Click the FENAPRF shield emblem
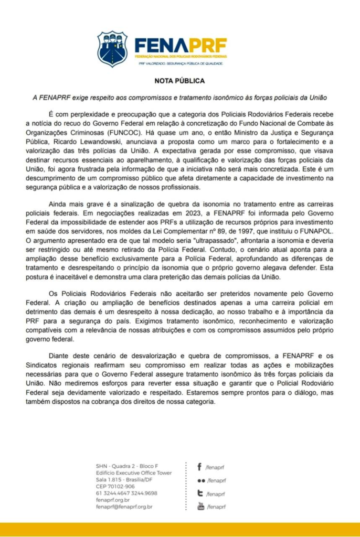(x=112, y=49)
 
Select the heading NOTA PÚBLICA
(x=179, y=81)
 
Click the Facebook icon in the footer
(x=200, y=467)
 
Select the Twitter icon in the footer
(x=200, y=493)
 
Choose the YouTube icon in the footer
(x=200, y=506)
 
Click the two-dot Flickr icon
(x=200, y=480)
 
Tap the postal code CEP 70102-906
(x=115, y=486)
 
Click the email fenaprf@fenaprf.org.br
(x=124, y=507)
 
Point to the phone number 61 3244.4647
(x=112, y=493)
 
